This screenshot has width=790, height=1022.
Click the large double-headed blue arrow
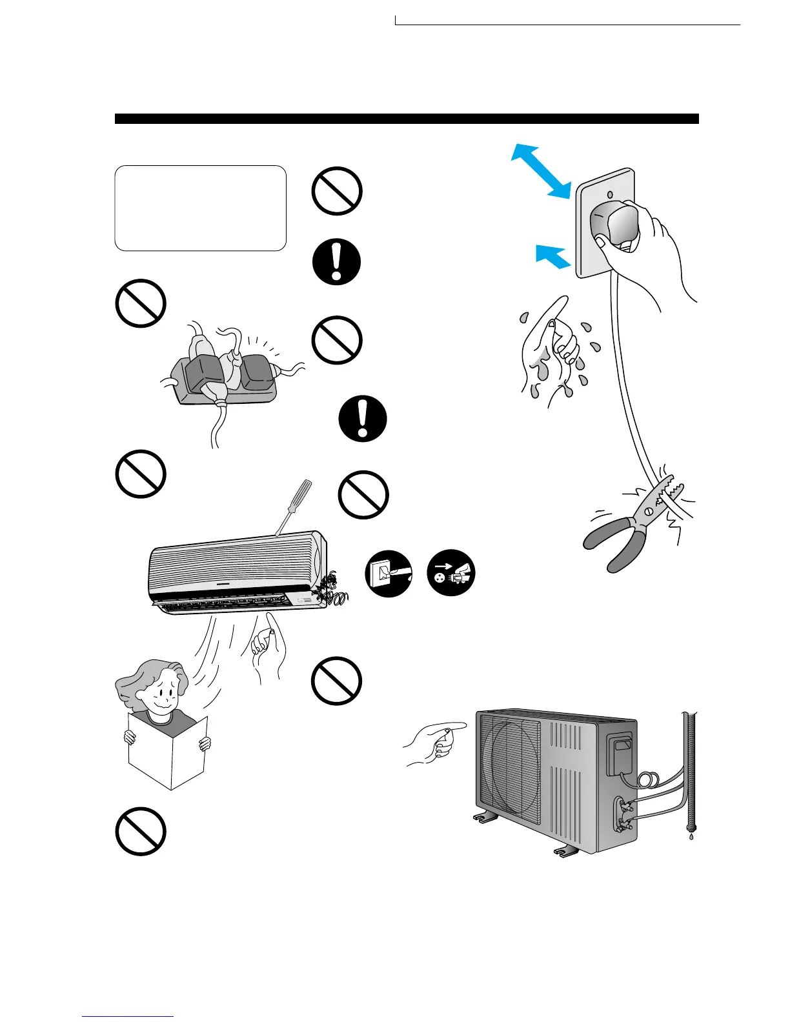(541, 170)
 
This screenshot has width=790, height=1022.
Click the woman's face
(161, 695)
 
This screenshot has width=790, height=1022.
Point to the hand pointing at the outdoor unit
(434, 742)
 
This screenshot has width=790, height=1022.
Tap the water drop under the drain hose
(692, 836)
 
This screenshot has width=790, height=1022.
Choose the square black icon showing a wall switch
(389, 574)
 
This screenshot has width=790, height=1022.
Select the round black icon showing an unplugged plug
(451, 573)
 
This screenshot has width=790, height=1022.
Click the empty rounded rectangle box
(200, 208)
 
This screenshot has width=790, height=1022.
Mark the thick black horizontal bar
(407, 119)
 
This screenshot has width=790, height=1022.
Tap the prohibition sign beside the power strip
(141, 303)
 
